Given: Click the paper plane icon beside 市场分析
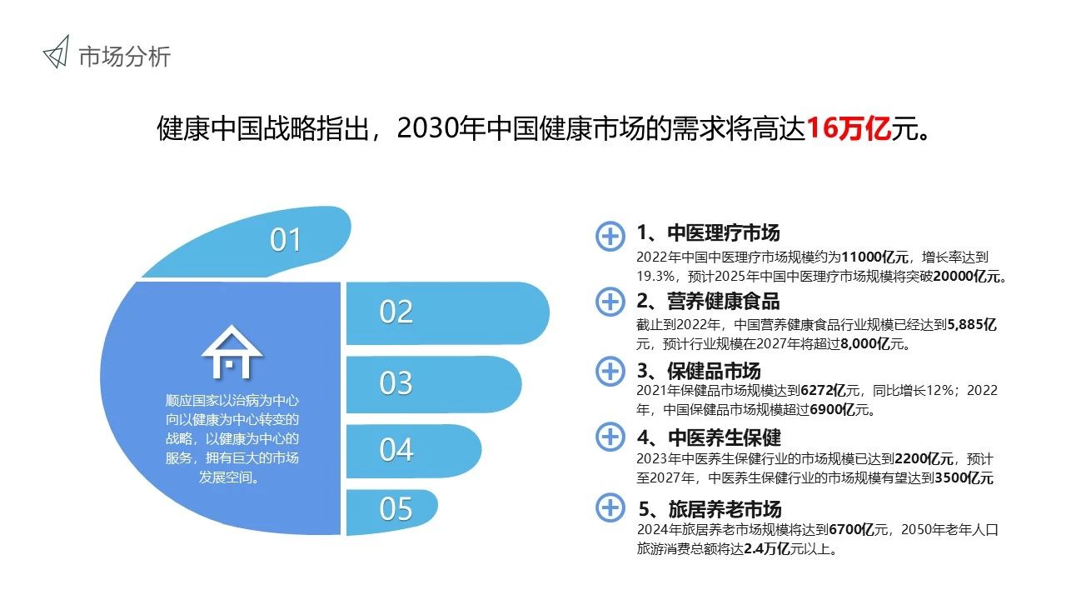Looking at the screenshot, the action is pyautogui.click(x=56, y=52).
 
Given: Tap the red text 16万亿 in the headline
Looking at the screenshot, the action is pyautogui.click(x=849, y=128).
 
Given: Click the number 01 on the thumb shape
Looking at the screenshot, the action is pyautogui.click(x=285, y=239).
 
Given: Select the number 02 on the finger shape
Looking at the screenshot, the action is pyautogui.click(x=396, y=312).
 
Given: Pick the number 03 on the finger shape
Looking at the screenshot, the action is pyautogui.click(x=396, y=383).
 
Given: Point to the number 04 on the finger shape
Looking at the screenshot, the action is pyautogui.click(x=396, y=450).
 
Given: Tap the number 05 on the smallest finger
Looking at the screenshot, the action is pyautogui.click(x=396, y=508).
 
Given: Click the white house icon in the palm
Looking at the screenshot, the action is pyautogui.click(x=232, y=352).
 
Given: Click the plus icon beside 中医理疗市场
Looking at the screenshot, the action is pyautogui.click(x=610, y=236).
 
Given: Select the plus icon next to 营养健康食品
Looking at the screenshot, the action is pyautogui.click(x=610, y=302).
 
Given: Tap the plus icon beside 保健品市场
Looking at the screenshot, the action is pyautogui.click(x=610, y=372).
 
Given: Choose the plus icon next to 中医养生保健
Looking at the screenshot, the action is pyautogui.click(x=610, y=437).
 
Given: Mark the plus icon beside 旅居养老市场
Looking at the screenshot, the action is pyautogui.click(x=610, y=507).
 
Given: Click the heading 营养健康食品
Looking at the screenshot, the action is pyautogui.click(x=724, y=302).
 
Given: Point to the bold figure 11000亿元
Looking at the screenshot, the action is pyautogui.click(x=874, y=257).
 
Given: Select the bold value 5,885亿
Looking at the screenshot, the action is pyautogui.click(x=972, y=325).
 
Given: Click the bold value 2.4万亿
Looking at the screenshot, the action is pyautogui.click(x=767, y=549).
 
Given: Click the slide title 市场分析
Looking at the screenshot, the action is pyautogui.click(x=125, y=57).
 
